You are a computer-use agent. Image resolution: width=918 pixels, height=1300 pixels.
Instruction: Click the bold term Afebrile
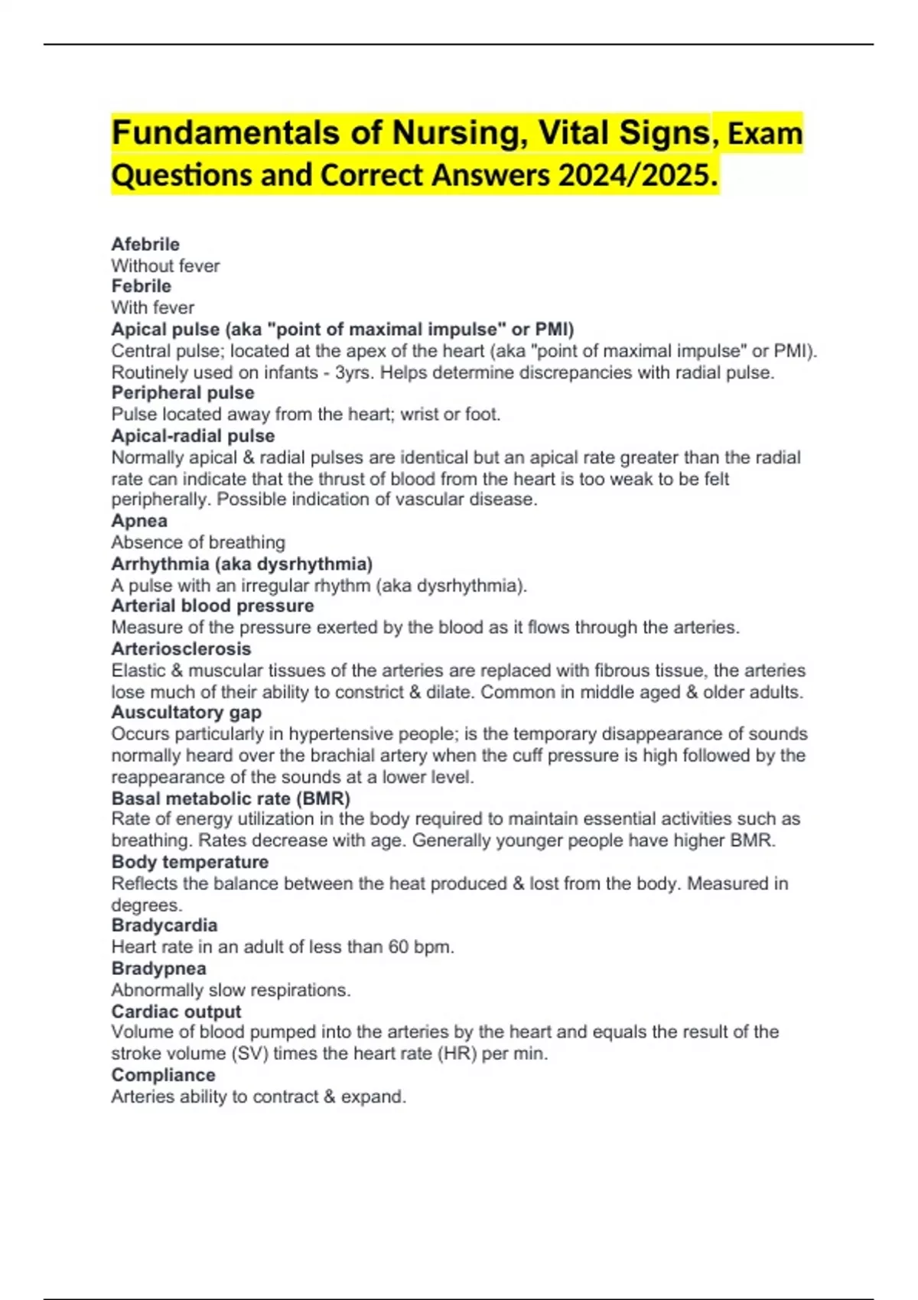pyautogui.click(x=145, y=244)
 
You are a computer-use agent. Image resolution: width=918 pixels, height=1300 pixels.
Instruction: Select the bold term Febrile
pyautogui.click(x=141, y=286)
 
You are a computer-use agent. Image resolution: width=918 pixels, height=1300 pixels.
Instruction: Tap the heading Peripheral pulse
pyautogui.click(x=183, y=392)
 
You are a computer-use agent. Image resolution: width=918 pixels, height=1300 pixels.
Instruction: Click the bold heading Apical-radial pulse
pyautogui.click(x=193, y=436)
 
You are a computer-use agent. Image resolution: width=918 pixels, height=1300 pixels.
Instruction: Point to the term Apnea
pyautogui.click(x=139, y=521)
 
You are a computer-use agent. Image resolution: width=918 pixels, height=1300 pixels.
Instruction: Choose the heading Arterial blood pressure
pyautogui.click(x=213, y=606)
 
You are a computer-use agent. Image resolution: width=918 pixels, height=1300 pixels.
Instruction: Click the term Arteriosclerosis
pyautogui.click(x=181, y=648)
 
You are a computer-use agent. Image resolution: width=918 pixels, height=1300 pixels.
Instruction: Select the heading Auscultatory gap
pyautogui.click(x=186, y=712)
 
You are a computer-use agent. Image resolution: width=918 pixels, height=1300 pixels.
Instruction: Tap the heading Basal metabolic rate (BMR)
pyautogui.click(x=230, y=798)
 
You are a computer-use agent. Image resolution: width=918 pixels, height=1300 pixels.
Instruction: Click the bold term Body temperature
pyautogui.click(x=190, y=862)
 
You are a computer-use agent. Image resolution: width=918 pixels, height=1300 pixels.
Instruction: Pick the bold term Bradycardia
pyautogui.click(x=164, y=925)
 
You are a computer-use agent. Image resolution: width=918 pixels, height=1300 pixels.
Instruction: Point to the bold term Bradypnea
pyautogui.click(x=158, y=968)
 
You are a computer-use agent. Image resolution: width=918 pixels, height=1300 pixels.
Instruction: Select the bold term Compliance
pyautogui.click(x=163, y=1075)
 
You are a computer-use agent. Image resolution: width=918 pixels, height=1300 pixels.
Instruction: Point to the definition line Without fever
pyautogui.click(x=165, y=266)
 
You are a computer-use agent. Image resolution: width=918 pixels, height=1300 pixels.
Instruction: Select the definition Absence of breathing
pyautogui.click(x=198, y=542)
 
